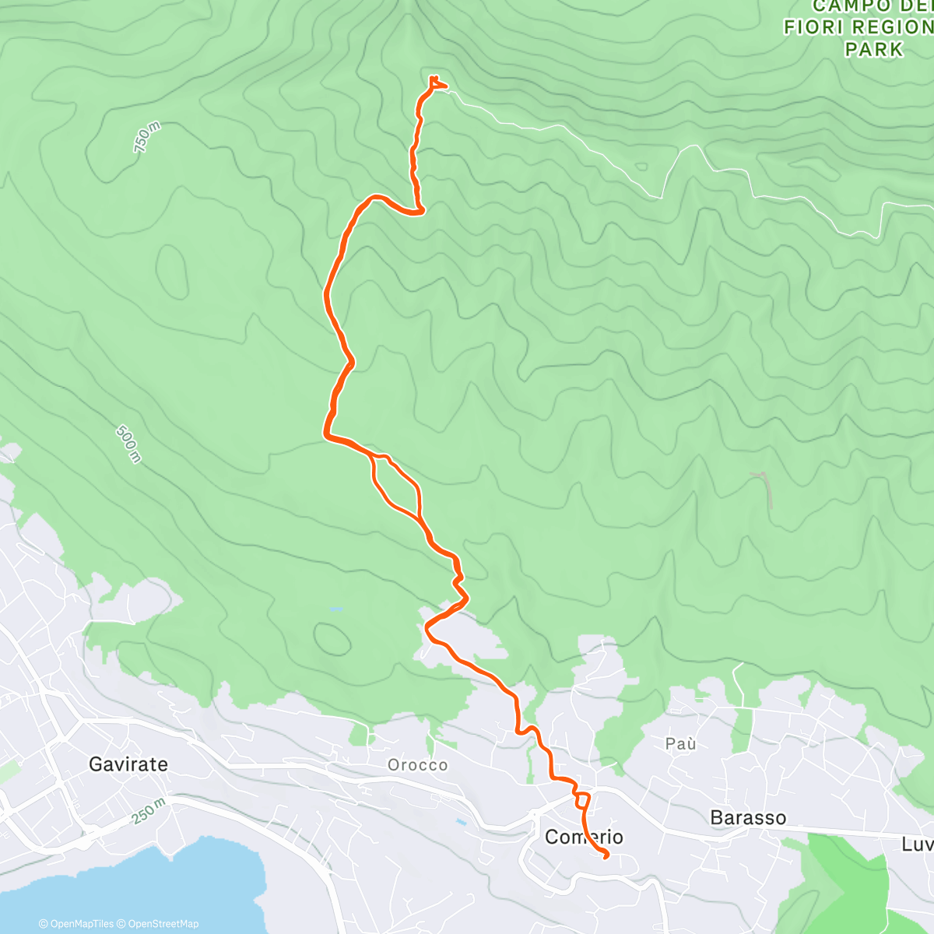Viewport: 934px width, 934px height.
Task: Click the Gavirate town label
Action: pos(128,764)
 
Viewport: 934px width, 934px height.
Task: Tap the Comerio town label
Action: pos(584,837)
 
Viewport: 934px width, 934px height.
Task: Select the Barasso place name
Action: pos(748,817)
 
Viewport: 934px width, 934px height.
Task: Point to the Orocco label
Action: pos(418,765)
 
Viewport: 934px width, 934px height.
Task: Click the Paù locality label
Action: pos(680,744)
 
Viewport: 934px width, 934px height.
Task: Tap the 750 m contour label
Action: pos(146,138)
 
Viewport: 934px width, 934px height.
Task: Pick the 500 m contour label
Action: pos(129,444)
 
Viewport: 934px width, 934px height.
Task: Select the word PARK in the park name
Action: pos(874,49)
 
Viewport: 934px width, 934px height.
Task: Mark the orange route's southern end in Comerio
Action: pos(606,856)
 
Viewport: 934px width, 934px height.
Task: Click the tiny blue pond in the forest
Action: pos(335,609)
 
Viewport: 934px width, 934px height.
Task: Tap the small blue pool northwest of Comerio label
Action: pos(462,821)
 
